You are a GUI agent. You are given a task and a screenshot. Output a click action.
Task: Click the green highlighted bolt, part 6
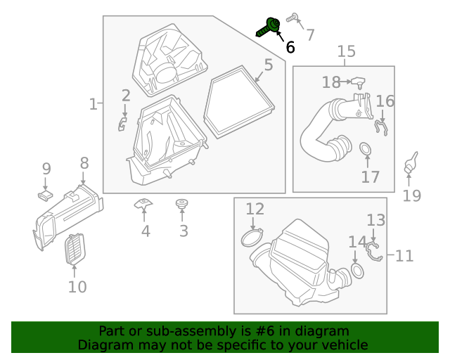pyautogui.click(x=268, y=27)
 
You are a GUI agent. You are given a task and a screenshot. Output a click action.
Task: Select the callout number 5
pyautogui.click(x=268, y=66)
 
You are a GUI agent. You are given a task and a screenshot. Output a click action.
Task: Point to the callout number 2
pyautogui.click(x=125, y=96)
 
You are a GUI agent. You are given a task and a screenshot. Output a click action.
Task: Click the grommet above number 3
pyautogui.click(x=182, y=205)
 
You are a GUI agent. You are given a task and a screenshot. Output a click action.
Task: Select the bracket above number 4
pyautogui.click(x=143, y=205)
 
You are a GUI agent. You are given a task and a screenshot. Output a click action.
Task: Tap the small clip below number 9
pyautogui.click(x=46, y=193)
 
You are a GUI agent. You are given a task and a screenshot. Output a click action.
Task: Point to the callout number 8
pyautogui.click(x=84, y=163)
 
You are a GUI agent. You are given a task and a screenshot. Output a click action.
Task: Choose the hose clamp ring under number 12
pyautogui.click(x=252, y=238)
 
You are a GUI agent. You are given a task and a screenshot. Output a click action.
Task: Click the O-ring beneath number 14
pyautogui.click(x=357, y=271)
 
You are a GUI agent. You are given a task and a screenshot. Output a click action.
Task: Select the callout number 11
pyautogui.click(x=404, y=255)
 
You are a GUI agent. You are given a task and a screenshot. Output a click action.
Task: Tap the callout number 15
pyautogui.click(x=346, y=51)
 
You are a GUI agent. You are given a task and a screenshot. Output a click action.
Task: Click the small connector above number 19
pyautogui.click(x=410, y=163)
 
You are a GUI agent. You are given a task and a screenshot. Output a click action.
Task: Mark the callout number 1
pyautogui.click(x=93, y=104)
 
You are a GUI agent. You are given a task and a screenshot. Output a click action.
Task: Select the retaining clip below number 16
pyautogui.click(x=382, y=127)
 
